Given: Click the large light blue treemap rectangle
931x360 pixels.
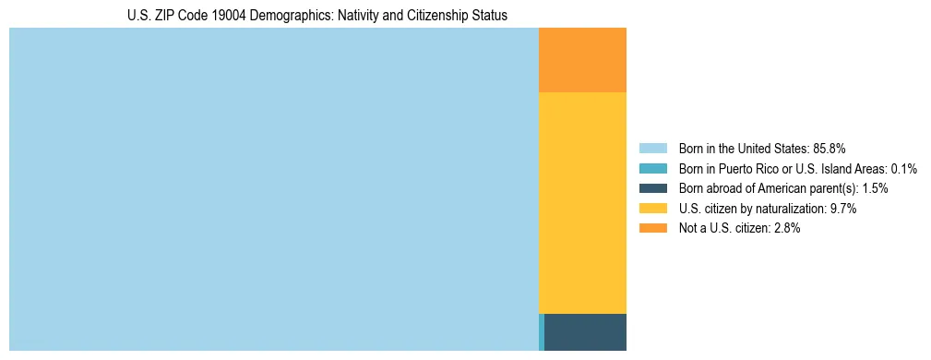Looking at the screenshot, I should [x=273, y=189].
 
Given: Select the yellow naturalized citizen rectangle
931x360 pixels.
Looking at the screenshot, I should [x=582, y=203].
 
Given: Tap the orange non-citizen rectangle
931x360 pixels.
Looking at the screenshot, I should [x=582, y=60].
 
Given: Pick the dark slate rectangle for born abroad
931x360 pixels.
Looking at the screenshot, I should [x=585, y=332].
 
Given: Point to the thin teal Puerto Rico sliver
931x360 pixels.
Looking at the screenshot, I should [x=542, y=332].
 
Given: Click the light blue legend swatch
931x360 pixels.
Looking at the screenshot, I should [x=653, y=148].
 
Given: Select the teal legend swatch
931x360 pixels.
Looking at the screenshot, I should [x=653, y=168].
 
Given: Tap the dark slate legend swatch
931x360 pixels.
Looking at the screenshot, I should [x=653, y=188].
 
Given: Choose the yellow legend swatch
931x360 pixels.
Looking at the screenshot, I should [x=653, y=209].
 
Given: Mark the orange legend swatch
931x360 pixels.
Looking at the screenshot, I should [x=653, y=229].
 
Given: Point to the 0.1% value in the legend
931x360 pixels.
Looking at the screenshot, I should [x=903, y=168].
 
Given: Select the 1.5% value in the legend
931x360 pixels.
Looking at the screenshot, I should [x=874, y=188].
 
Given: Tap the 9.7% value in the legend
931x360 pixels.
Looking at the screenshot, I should [x=843, y=209].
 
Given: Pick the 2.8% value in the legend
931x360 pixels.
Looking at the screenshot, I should [x=785, y=229].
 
